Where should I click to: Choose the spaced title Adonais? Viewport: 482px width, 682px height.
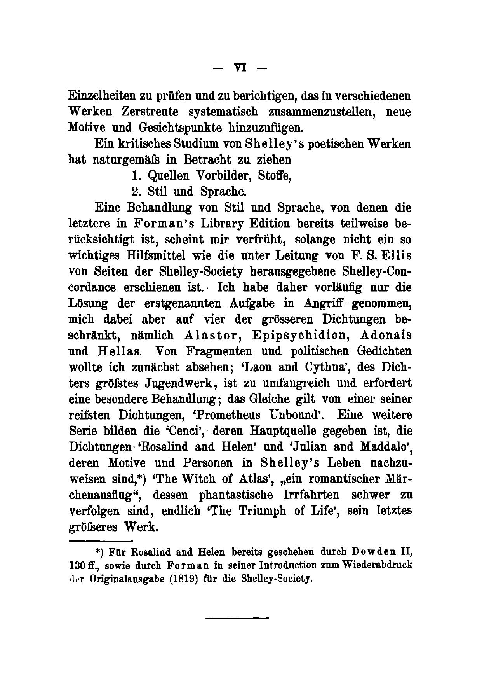[x=386, y=335]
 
